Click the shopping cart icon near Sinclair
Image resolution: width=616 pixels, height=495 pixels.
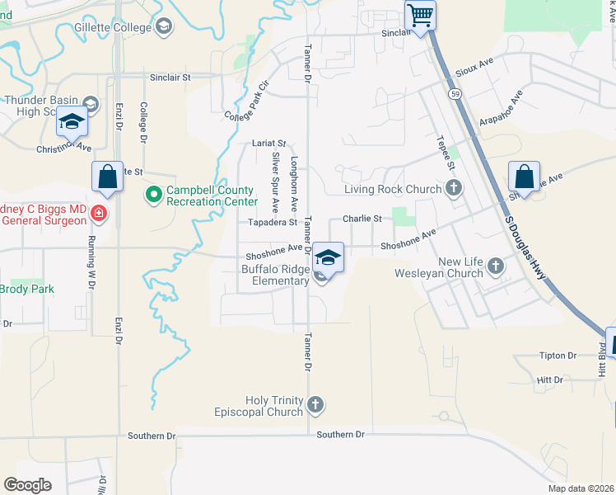(x=421, y=15)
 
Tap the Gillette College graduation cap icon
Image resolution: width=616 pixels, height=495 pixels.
(x=164, y=27)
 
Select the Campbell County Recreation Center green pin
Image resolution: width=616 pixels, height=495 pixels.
(x=153, y=196)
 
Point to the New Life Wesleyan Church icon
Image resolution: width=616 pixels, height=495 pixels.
(x=495, y=266)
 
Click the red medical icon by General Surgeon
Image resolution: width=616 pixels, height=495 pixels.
(x=100, y=214)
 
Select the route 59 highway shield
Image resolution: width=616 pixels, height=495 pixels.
(x=455, y=94)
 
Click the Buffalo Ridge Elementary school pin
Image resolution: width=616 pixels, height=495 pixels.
(x=328, y=257)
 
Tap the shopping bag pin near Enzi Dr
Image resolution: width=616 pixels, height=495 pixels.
(x=108, y=176)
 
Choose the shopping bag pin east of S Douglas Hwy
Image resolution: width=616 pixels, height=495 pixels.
(x=524, y=176)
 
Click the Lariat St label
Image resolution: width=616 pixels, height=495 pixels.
(x=269, y=144)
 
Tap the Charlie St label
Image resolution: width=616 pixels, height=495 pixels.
(x=362, y=219)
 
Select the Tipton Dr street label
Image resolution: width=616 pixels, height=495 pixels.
(x=558, y=356)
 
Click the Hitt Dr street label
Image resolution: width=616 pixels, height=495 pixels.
(x=548, y=380)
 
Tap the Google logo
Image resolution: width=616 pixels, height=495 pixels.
(x=28, y=484)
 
